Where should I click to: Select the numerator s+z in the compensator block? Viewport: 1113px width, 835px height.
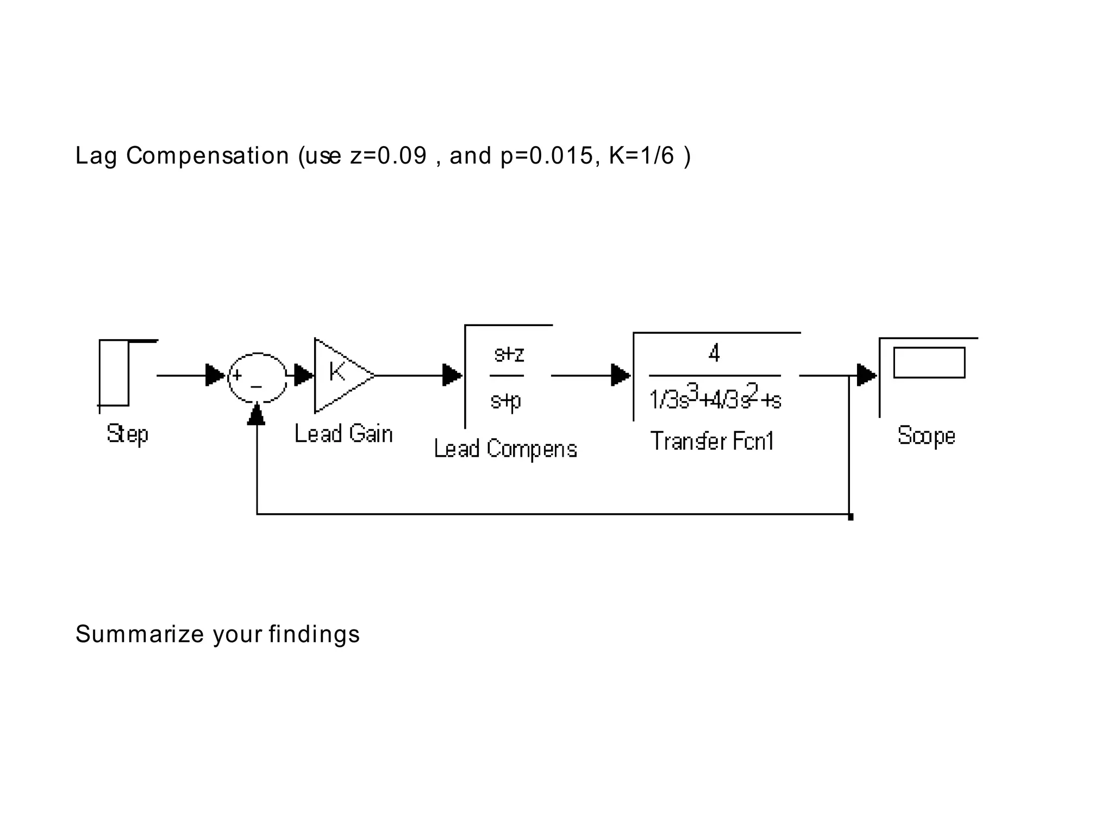[x=509, y=354]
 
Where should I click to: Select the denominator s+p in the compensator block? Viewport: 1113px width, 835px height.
[x=505, y=401]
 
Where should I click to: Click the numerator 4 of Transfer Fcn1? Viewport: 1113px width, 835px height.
[x=714, y=354]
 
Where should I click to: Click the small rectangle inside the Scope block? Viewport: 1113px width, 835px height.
[x=929, y=363]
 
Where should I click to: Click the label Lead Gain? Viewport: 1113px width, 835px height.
[x=343, y=434]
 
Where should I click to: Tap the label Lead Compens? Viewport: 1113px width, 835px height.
[x=505, y=449]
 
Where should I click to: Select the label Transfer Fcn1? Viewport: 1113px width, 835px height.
[x=712, y=441]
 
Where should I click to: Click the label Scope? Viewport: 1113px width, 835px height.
[x=926, y=436]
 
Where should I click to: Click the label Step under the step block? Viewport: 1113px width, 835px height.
[x=127, y=434]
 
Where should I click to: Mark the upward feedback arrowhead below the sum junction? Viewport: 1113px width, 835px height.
[x=256, y=415]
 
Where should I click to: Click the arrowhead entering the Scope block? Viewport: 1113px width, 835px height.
[x=866, y=375]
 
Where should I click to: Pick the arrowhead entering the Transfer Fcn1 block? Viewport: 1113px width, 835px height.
[x=620, y=375]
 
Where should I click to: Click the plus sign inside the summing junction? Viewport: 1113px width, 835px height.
[x=237, y=375]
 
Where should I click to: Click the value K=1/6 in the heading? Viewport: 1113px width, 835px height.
[x=641, y=155]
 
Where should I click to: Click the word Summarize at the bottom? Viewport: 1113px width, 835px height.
[x=139, y=634]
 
